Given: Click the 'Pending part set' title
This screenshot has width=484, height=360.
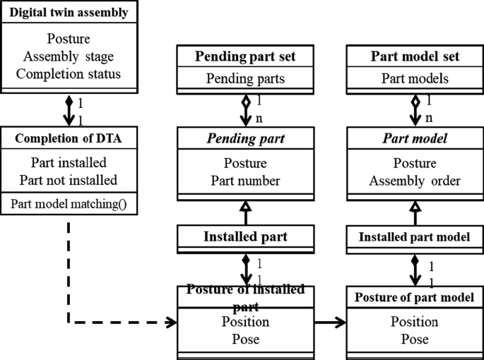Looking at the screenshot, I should pyautogui.click(x=245, y=56).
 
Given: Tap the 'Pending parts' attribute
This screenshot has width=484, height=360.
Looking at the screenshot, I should pyautogui.click(x=245, y=78).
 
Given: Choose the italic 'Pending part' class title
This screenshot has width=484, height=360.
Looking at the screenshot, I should pyautogui.click(x=245, y=138).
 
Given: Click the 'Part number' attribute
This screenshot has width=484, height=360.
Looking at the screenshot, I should pyautogui.click(x=245, y=181).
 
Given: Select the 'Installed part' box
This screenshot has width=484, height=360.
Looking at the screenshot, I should pyautogui.click(x=245, y=237).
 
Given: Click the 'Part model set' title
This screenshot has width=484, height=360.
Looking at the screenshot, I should pyautogui.click(x=415, y=56).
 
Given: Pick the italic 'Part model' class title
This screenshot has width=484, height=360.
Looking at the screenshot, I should pyautogui.click(x=415, y=138).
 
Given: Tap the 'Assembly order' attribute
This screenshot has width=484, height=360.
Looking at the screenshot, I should pyautogui.click(x=415, y=181).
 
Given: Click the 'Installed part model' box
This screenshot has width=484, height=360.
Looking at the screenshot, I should pyautogui.click(x=415, y=237).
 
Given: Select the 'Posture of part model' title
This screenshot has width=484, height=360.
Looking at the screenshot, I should pyautogui.click(x=415, y=296).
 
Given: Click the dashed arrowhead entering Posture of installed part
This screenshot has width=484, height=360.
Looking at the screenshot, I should pyautogui.click(x=170, y=323).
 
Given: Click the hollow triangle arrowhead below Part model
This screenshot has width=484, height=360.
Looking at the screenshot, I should pyautogui.click(x=415, y=206).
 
